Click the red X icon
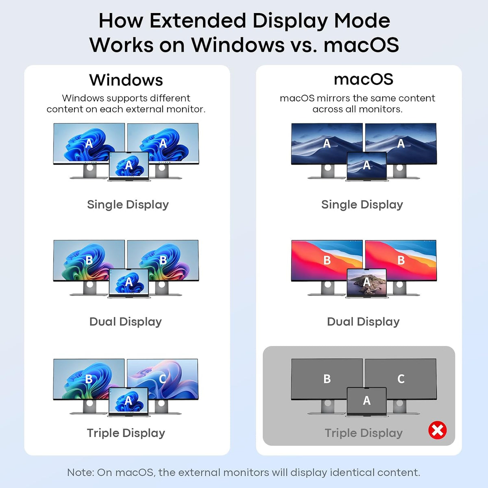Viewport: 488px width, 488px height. pos(437,430)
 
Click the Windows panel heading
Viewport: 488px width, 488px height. pos(126,80)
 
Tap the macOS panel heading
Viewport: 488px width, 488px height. pos(364,79)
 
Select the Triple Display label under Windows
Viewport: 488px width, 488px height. pos(126,433)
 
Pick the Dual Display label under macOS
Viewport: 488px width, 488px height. pos(363,322)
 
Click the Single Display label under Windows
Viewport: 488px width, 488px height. pos(128,205)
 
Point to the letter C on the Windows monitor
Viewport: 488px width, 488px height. pos(162,379)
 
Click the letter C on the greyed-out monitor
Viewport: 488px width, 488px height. pos(401,379)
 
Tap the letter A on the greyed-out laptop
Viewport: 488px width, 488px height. pos(366,401)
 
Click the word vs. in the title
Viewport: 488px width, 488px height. pos(304,45)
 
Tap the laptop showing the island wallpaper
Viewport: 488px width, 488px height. pos(366,283)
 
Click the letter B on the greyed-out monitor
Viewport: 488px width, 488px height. pos(327,379)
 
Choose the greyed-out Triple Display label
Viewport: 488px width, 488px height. pos(364,433)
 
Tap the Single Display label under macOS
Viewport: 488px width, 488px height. pos(362,205)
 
